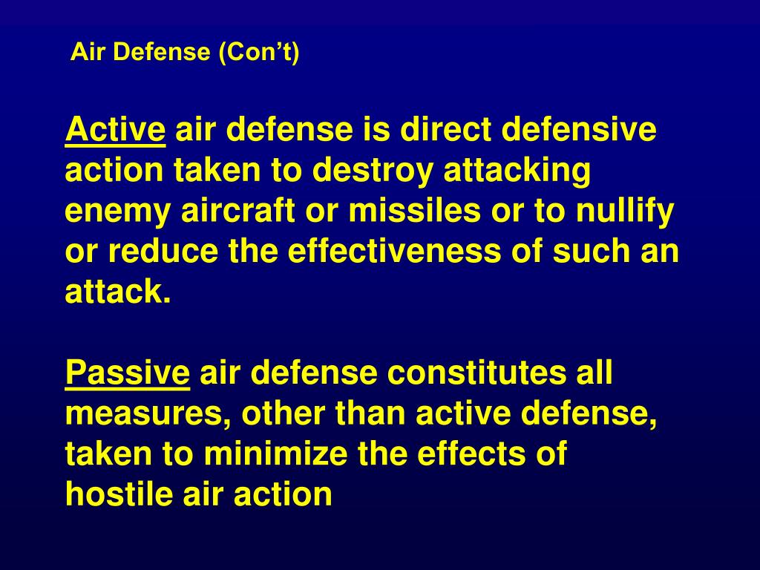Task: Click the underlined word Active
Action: (x=115, y=131)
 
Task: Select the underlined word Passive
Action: (x=128, y=373)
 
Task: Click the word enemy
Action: (x=118, y=212)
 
